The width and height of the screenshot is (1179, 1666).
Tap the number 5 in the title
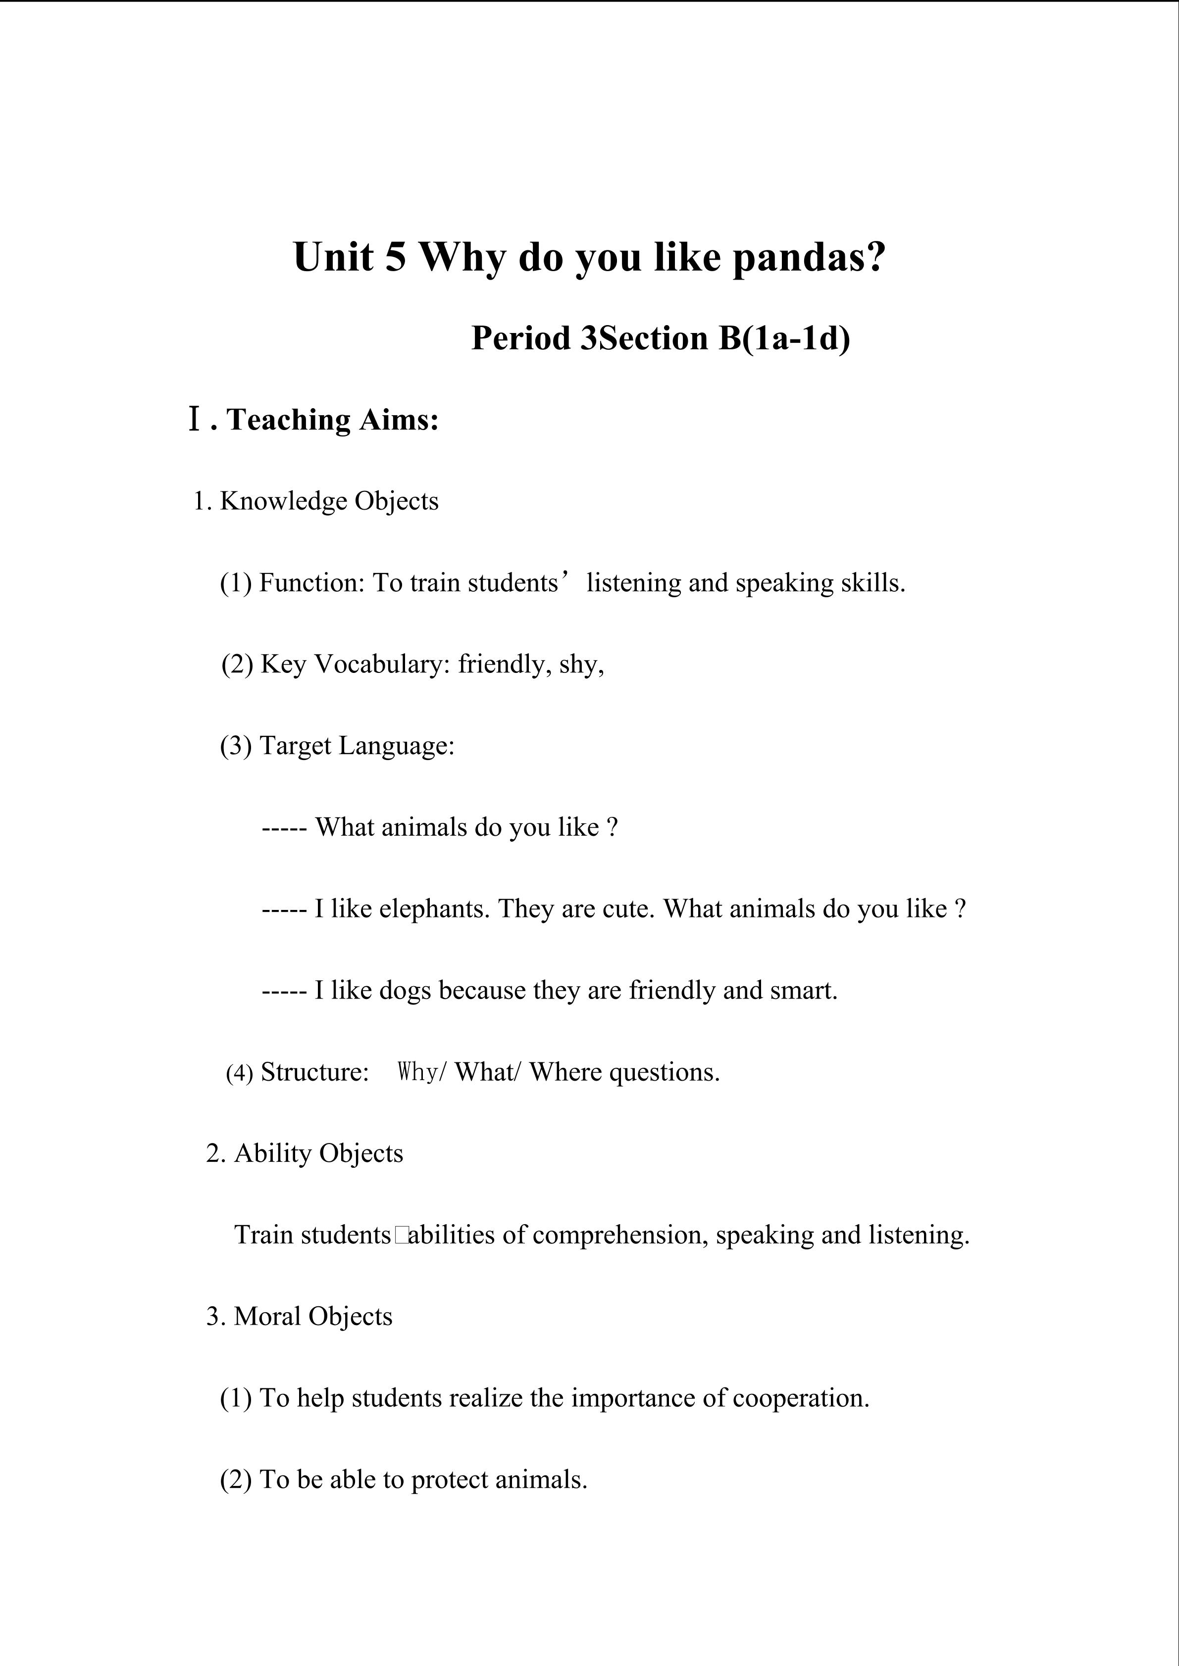395,258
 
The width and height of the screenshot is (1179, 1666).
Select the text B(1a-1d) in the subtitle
784,338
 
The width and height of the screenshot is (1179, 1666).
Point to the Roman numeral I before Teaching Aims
194,420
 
